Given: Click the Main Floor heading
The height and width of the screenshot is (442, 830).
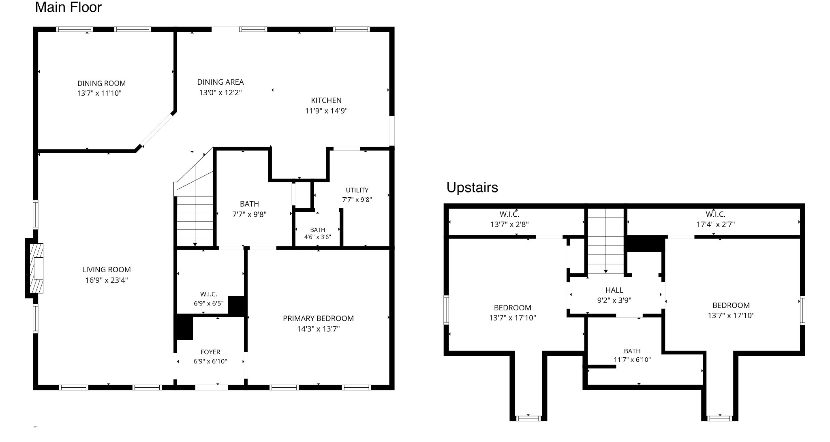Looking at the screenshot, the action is point(68,7).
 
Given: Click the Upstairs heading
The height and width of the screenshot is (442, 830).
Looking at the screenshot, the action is point(472,188).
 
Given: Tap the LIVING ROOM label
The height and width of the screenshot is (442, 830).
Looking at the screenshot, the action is point(107,269).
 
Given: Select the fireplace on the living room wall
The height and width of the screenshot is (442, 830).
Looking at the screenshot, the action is point(35,268).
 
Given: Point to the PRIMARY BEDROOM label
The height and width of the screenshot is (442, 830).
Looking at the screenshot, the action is point(318,318).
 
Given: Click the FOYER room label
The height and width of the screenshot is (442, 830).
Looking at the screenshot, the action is point(210,352).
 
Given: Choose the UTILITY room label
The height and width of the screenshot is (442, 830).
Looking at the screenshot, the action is point(357,190).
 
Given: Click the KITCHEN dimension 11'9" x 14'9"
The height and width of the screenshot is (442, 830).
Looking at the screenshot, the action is point(326,111).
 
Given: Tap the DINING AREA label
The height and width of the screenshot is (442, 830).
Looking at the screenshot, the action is point(220,82).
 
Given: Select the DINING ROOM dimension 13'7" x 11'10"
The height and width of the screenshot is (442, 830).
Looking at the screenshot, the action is point(99,93).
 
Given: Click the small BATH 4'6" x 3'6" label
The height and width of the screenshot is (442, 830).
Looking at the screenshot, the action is point(318,233).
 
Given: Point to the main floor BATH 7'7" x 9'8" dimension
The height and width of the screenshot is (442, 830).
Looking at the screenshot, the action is point(249,214).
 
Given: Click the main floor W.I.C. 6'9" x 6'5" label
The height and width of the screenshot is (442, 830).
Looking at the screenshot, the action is point(209,299).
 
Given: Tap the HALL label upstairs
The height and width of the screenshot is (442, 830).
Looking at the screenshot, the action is point(614,290).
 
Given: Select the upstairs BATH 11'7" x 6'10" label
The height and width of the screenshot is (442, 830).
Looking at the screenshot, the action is point(632,355).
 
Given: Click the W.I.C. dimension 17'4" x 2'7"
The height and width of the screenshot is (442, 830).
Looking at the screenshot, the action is point(715,224).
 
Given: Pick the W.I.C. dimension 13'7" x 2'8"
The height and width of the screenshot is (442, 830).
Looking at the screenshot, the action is point(509,224).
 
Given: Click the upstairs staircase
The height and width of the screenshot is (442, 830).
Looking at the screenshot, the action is point(605,241).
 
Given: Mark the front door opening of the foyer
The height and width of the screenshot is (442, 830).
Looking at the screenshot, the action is point(211,387).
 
